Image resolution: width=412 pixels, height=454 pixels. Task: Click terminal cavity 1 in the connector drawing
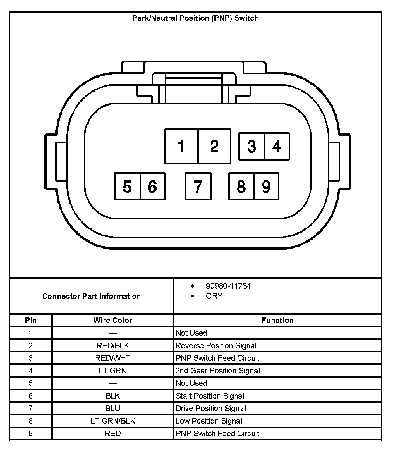(181, 146)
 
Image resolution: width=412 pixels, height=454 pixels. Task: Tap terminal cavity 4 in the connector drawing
(277, 146)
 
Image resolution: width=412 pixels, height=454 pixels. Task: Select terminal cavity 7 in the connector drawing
(198, 186)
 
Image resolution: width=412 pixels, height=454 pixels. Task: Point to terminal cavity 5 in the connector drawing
(127, 186)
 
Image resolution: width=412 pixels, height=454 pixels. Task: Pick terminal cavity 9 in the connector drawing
(266, 186)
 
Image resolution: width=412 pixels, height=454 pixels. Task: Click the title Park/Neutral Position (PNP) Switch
(195, 18)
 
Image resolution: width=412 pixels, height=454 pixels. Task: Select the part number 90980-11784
(228, 286)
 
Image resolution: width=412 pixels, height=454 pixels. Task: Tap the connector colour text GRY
(214, 296)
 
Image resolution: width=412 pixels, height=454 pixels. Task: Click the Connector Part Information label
(92, 296)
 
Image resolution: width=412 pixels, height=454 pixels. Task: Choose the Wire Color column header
(113, 320)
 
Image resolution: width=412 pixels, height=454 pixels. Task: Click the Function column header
(277, 320)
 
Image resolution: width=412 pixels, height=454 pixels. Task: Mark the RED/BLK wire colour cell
(113, 345)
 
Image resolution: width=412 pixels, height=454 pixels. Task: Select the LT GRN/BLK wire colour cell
(113, 421)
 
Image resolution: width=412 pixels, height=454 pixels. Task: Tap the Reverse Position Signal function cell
(216, 345)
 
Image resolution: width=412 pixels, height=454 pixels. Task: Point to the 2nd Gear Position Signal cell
(218, 371)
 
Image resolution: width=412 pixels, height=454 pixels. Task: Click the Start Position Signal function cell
(210, 396)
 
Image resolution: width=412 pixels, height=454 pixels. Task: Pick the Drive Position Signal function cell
(211, 408)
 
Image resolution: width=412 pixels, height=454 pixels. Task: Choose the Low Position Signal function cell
(209, 421)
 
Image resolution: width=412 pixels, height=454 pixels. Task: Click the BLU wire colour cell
(113, 408)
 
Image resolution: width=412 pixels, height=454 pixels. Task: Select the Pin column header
(31, 320)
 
